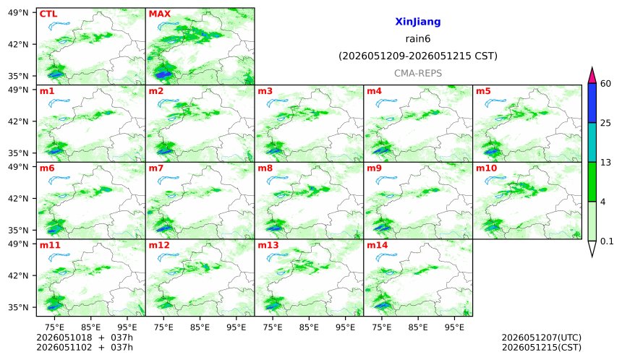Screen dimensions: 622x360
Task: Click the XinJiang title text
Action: click(418, 22)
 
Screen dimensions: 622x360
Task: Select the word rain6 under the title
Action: click(418, 39)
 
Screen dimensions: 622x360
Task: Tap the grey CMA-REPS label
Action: click(418, 73)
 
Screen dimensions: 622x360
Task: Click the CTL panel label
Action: click(48, 14)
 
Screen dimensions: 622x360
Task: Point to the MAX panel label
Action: click(159, 14)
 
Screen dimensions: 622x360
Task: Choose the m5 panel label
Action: click(483, 91)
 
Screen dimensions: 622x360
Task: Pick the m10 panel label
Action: click(486, 168)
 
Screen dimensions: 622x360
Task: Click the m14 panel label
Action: click(378, 245)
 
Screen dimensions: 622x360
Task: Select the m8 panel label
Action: click(265, 168)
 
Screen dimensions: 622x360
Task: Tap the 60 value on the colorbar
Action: click(606, 84)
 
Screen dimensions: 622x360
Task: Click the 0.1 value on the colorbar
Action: click(607, 241)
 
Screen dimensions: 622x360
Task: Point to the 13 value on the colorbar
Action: click(606, 163)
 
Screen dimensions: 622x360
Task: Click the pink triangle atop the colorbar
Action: click(592, 76)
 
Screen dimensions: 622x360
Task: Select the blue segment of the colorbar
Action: click(592, 103)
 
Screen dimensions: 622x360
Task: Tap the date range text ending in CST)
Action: click(418, 56)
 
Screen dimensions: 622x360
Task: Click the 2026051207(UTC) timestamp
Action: click(542, 338)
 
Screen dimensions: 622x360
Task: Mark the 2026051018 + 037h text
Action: click(85, 338)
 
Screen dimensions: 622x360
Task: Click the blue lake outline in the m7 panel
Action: click(169, 181)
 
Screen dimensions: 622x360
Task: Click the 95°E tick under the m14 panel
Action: click(455, 327)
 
